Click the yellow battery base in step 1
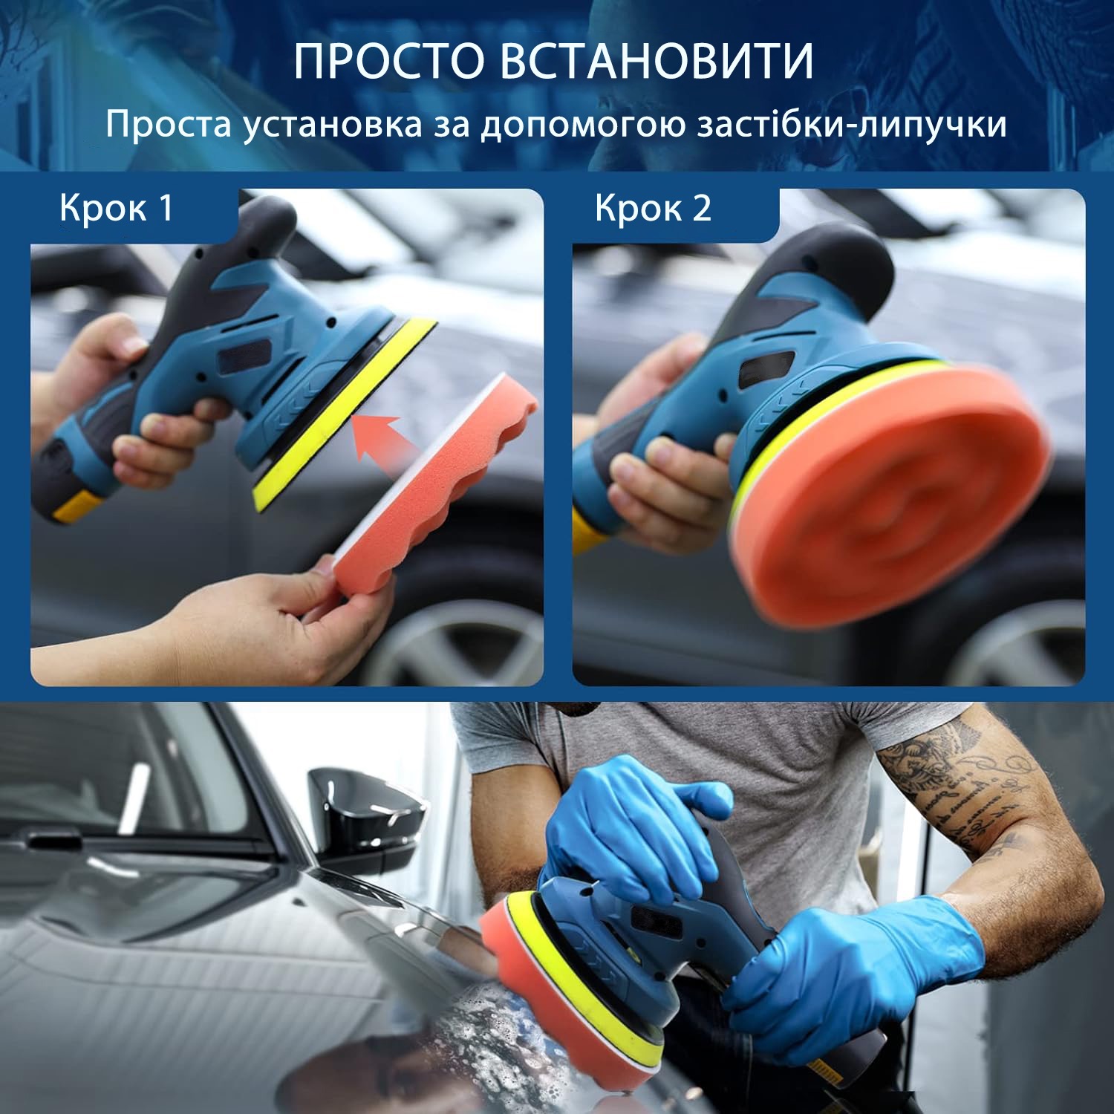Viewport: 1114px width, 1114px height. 77,507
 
